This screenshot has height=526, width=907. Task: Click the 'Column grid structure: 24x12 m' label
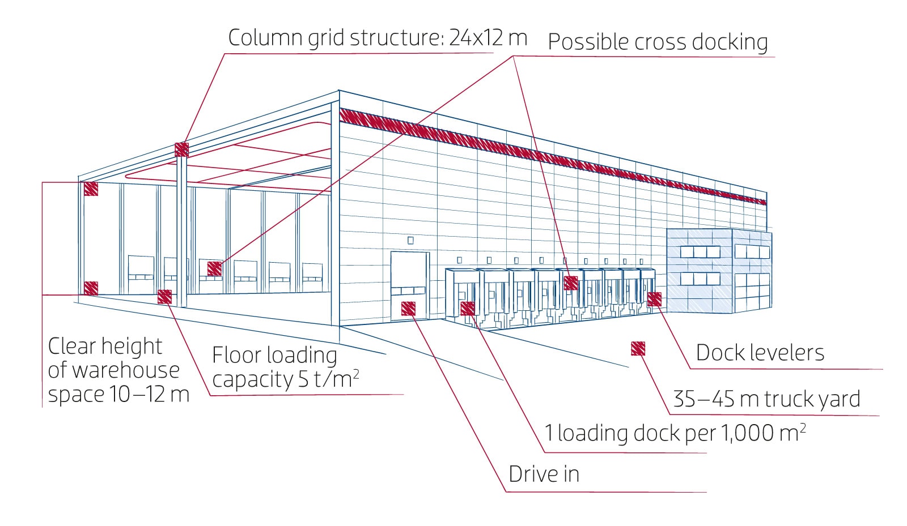pos(377,39)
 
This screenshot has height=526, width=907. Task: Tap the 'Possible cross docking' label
pos(658,42)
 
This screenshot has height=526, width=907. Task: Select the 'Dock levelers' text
pos(760,353)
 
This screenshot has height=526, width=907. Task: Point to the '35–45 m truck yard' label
pos(766,399)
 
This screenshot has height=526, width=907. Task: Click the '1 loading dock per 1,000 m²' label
pos(675,433)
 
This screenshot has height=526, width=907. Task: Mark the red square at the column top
pos(181,149)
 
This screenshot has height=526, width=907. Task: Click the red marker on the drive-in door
pos(408,309)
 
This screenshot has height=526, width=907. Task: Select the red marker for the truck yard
pos(638,348)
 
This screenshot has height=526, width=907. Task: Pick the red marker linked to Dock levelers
pos(654,299)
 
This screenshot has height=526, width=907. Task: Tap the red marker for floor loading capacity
pos(164,297)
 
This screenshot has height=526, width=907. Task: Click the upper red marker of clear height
pos(91,189)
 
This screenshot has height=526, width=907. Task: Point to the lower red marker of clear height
pos(91,288)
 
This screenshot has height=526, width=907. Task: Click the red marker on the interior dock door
pos(214,268)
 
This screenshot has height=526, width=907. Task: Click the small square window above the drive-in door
pos(410,240)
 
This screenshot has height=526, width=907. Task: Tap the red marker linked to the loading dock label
pos(468,309)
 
